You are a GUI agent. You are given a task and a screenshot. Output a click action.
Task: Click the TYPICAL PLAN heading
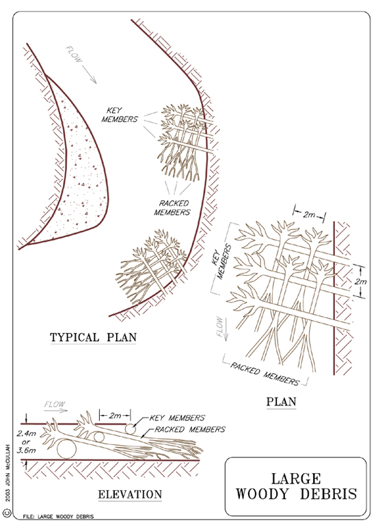coord(93,337)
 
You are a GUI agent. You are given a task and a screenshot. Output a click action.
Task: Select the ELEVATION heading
coord(130,494)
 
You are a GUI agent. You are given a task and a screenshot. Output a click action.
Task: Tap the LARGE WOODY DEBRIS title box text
coord(296,486)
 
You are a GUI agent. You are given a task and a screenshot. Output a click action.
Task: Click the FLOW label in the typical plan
coord(74,54)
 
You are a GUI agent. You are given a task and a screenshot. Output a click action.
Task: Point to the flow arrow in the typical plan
coord(89,74)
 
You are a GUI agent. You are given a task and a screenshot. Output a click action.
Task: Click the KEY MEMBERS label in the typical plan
coord(120,115)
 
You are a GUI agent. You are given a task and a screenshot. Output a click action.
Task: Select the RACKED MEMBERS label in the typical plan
coord(172,208)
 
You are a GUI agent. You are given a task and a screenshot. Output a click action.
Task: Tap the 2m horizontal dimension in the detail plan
coord(309,214)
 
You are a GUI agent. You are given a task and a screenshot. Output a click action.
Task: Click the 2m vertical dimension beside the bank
coord(360,281)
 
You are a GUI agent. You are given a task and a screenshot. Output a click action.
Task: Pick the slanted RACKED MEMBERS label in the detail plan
coord(264,374)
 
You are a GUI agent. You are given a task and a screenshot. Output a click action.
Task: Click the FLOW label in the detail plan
coord(219,326)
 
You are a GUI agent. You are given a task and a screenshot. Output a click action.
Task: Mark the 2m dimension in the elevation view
coord(115,416)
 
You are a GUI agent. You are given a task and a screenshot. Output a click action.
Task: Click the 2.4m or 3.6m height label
coord(26,442)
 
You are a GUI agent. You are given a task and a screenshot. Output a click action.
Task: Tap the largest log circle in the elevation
coord(66,449)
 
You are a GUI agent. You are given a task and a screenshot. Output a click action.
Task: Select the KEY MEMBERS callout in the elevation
coord(177,418)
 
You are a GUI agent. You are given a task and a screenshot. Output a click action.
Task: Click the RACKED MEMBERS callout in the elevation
coord(190,429)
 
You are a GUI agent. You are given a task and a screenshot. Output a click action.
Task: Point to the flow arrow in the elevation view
coord(56,410)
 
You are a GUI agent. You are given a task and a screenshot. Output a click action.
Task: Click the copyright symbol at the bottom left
coord(8,513)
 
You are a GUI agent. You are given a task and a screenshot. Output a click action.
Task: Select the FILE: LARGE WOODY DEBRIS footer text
coord(59,516)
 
